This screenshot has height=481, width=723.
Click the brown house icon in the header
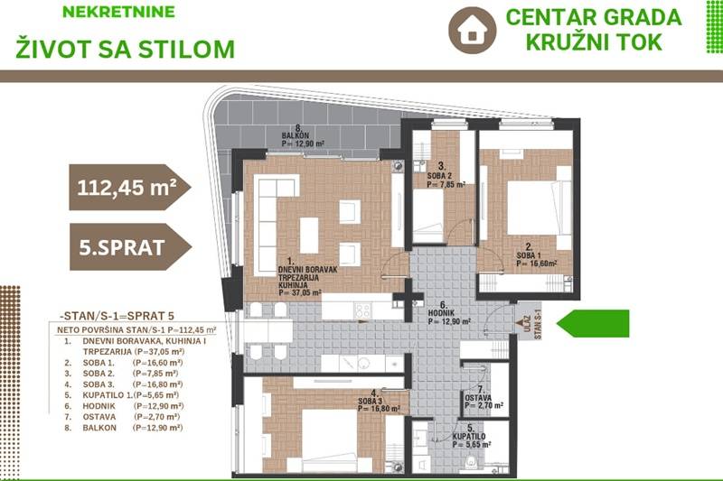[x=472, y=30]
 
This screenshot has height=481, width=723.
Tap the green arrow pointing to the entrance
[x=593, y=323]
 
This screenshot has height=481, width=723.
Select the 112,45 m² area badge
[x=129, y=188]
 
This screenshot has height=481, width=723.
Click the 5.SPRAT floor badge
[x=130, y=247]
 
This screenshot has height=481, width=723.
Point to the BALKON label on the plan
[x=296, y=135]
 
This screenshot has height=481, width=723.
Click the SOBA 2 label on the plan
[x=439, y=176]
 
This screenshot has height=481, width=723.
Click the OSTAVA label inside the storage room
[x=478, y=398]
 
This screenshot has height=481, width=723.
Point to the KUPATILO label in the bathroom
[x=468, y=437]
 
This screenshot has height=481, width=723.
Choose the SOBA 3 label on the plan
[x=371, y=402]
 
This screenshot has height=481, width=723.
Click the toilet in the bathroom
[x=471, y=462]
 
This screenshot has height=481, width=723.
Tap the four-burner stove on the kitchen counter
[x=362, y=310]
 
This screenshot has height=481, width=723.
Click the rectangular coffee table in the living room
[x=309, y=236]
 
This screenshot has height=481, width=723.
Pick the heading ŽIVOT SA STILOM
[x=126, y=50]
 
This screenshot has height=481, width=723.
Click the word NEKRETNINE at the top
[x=118, y=12]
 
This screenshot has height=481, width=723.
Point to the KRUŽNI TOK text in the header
[x=594, y=42]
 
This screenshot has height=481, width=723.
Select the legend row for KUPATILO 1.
[x=121, y=395]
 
